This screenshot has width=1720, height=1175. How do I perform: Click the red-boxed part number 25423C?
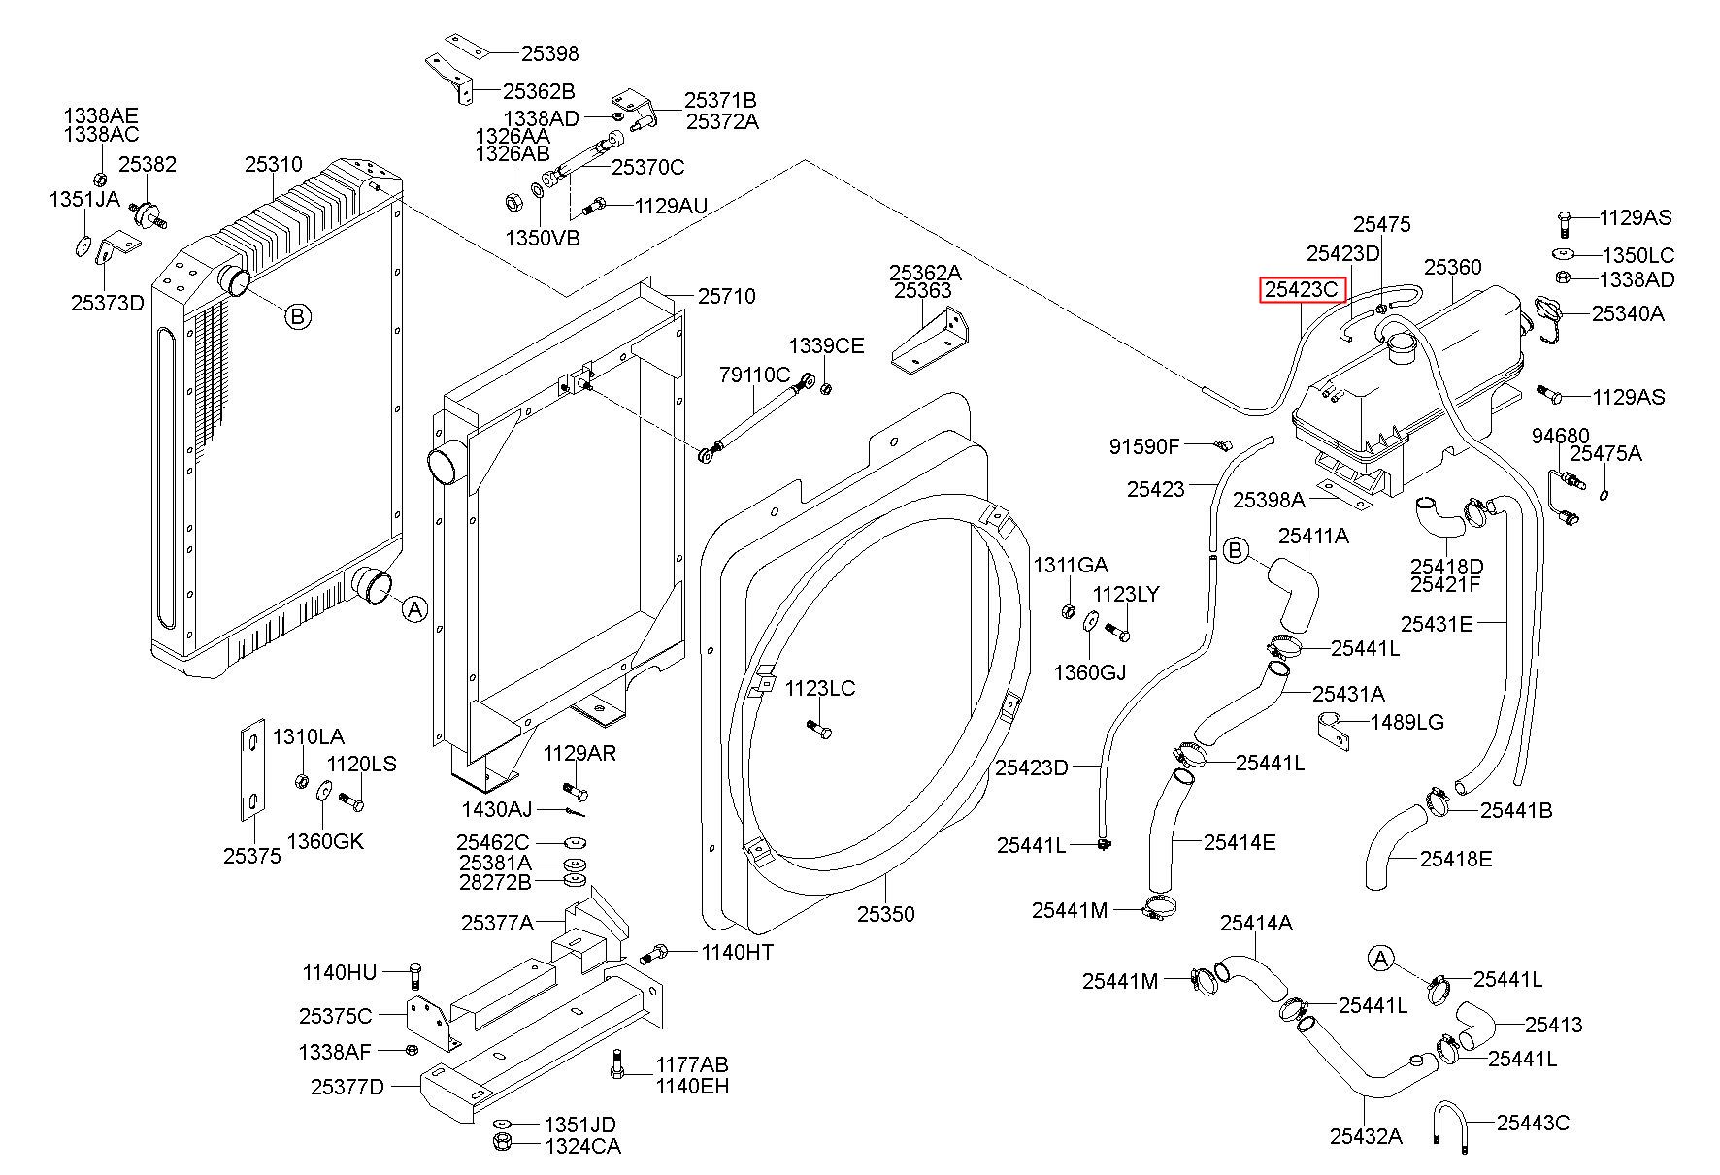(x=1302, y=289)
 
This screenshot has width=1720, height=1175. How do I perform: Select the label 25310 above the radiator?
(x=274, y=165)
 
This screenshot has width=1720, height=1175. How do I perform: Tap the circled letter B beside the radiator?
(x=298, y=316)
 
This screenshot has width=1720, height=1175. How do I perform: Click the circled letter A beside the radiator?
(x=414, y=609)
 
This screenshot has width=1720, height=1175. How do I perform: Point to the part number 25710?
(x=727, y=296)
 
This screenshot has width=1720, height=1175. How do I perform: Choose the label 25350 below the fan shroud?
(x=885, y=914)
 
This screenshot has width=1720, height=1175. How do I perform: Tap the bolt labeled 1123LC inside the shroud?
(x=817, y=729)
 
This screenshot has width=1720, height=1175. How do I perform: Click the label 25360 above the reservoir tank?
(x=1453, y=267)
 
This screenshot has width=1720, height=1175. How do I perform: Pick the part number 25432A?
(x=1366, y=1136)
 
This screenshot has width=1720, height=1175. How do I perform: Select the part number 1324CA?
(x=582, y=1146)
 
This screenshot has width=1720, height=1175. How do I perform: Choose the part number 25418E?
(x=1456, y=859)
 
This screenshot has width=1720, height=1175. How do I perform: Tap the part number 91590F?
(x=1144, y=446)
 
